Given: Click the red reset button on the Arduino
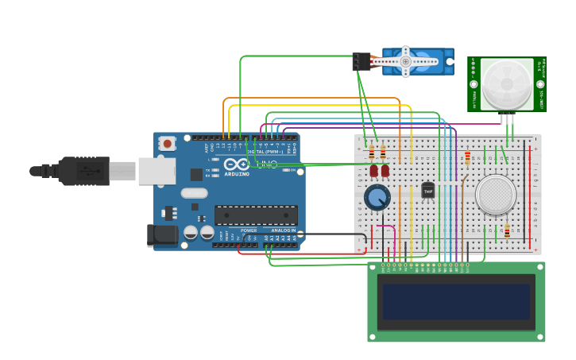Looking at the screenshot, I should click(168, 144).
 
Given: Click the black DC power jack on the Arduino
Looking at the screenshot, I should click(161, 234).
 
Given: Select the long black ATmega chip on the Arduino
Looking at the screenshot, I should click(256, 215).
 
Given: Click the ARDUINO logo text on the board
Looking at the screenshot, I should click(237, 173).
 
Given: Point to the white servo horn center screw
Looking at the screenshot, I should click(405, 61).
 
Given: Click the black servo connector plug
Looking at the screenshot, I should click(361, 62).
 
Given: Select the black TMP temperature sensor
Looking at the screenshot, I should click(428, 191).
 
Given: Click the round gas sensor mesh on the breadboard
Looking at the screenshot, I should click(496, 194).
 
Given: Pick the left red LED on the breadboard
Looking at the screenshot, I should click(373, 170).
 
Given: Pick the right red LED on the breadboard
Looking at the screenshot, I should click(385, 170).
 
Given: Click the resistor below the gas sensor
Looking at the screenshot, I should click(507, 231).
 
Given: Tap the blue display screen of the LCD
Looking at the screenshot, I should click(456, 301).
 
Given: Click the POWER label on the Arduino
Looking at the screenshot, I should click(249, 230).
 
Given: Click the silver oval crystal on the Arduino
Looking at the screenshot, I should click(194, 192).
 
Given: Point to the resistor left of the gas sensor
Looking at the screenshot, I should click(467, 157).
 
